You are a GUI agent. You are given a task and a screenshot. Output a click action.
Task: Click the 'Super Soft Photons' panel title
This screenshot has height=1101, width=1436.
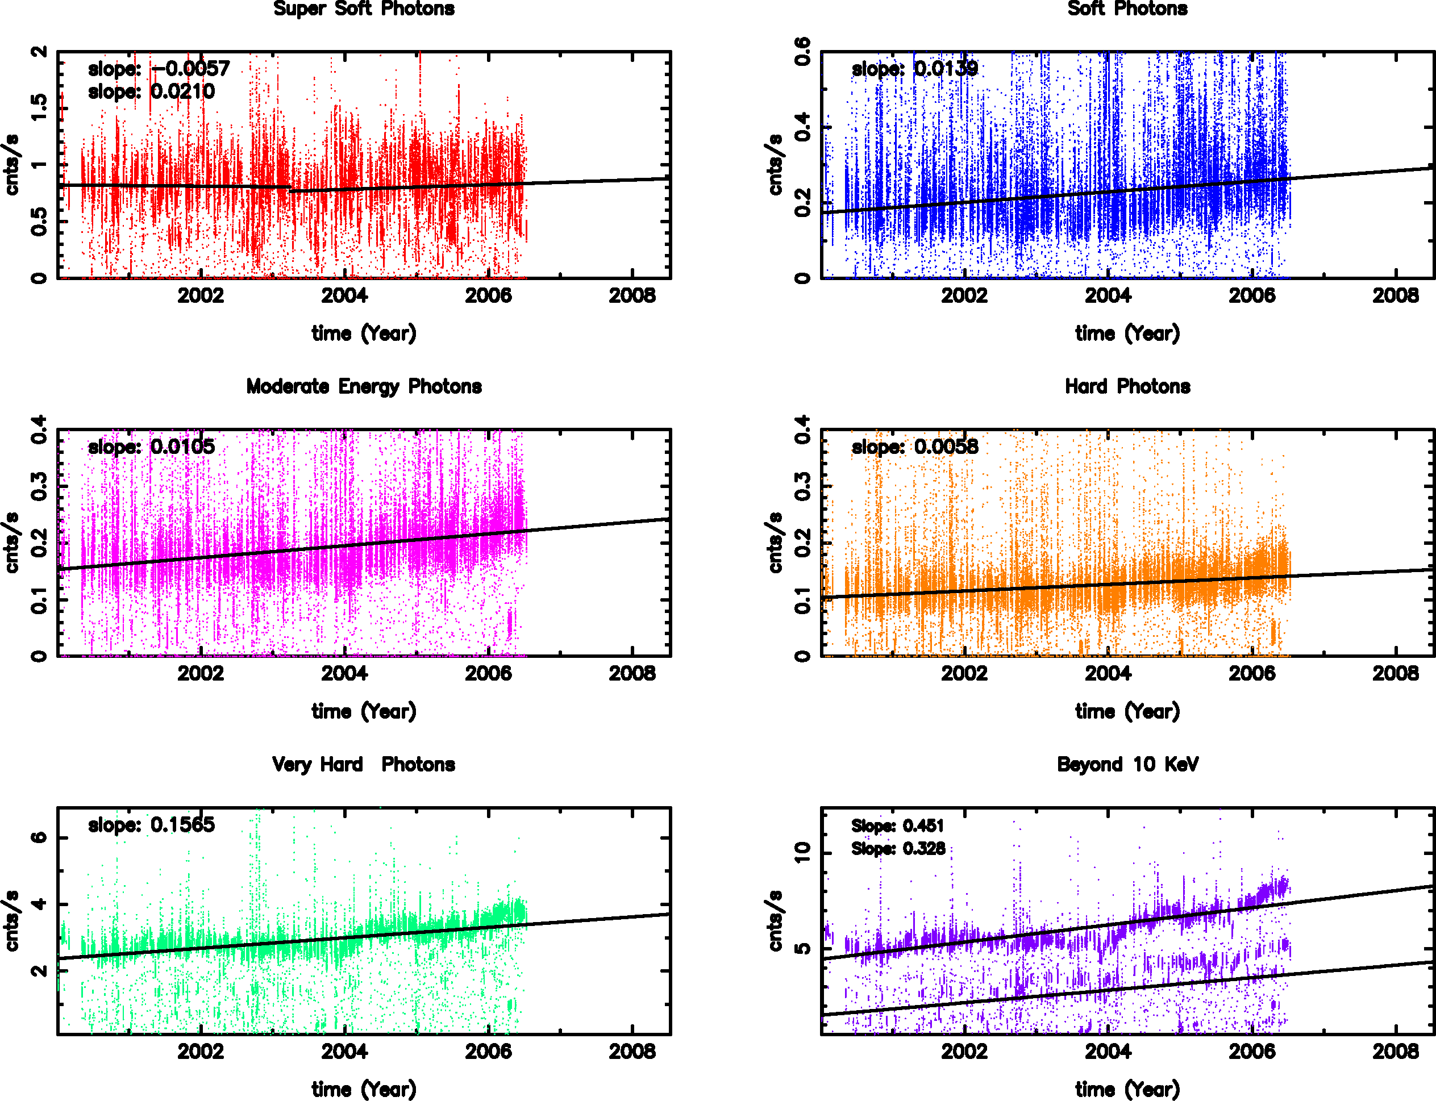tap(364, 9)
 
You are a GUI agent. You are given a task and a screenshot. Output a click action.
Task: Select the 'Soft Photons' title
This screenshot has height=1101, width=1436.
tap(1127, 9)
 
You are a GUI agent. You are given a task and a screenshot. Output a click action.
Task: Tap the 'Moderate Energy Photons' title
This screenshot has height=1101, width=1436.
tap(364, 387)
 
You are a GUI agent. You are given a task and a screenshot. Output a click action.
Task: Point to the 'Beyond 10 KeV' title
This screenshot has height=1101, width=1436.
tap(1127, 764)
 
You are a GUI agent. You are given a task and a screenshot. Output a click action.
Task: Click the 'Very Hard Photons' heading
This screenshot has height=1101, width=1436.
tap(364, 764)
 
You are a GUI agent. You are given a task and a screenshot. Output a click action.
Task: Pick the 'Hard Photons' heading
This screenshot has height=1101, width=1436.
tap(1127, 387)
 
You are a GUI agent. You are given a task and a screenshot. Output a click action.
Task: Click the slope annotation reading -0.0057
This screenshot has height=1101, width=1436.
tap(159, 69)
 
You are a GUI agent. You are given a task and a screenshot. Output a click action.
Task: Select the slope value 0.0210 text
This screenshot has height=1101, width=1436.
tap(151, 92)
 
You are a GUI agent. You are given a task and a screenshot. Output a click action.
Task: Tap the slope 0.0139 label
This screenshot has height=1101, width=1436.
tap(914, 69)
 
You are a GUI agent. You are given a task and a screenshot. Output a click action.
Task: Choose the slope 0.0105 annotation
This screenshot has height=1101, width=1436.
tap(151, 447)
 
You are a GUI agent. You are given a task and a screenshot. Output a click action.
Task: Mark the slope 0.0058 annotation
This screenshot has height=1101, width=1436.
tap(914, 447)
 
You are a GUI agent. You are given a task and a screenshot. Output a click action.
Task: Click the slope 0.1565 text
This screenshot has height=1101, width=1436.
tap(151, 824)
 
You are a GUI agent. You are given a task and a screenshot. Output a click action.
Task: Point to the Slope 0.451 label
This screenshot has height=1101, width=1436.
tap(897, 826)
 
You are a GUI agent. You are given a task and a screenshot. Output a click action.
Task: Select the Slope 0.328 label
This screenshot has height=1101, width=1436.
tap(897, 849)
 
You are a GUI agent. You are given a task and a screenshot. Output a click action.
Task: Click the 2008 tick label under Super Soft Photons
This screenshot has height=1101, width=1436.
tap(632, 296)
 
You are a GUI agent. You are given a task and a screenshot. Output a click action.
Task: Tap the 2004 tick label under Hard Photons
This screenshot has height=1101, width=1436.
tap(1108, 674)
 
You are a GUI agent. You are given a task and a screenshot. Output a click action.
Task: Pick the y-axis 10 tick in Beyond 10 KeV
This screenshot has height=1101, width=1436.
tap(803, 853)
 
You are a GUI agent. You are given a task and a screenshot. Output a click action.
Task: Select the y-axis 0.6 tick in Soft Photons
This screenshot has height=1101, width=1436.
tap(803, 52)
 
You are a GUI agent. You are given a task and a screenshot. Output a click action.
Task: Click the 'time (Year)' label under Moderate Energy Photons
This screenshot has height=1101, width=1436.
tap(364, 712)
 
